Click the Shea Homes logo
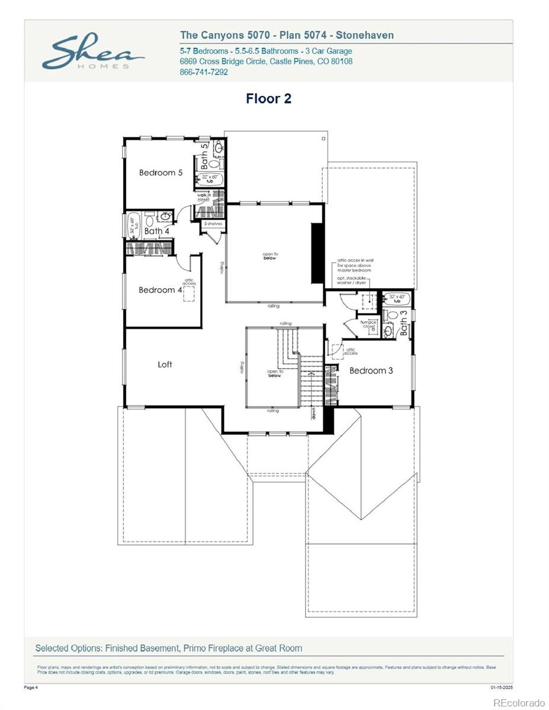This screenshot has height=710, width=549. click(x=93, y=53)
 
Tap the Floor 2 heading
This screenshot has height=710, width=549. click(x=268, y=99)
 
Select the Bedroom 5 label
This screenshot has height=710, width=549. click(x=160, y=173)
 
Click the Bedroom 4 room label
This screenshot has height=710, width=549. click(x=160, y=290)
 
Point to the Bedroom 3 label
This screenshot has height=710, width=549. click(x=371, y=371)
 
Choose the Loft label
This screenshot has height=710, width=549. click(x=165, y=364)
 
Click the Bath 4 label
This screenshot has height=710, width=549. click(x=157, y=231)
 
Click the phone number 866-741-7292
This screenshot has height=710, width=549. click(x=203, y=72)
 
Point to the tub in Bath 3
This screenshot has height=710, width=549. click(x=396, y=298)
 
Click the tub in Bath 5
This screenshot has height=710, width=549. click(x=210, y=179)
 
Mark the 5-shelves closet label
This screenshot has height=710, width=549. click(x=213, y=224)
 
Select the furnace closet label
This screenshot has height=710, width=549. click(x=368, y=324)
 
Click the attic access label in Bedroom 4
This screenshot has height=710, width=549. click(x=189, y=282)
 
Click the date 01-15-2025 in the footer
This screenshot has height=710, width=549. click(x=501, y=687)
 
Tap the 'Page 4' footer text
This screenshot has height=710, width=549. click(x=31, y=687)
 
